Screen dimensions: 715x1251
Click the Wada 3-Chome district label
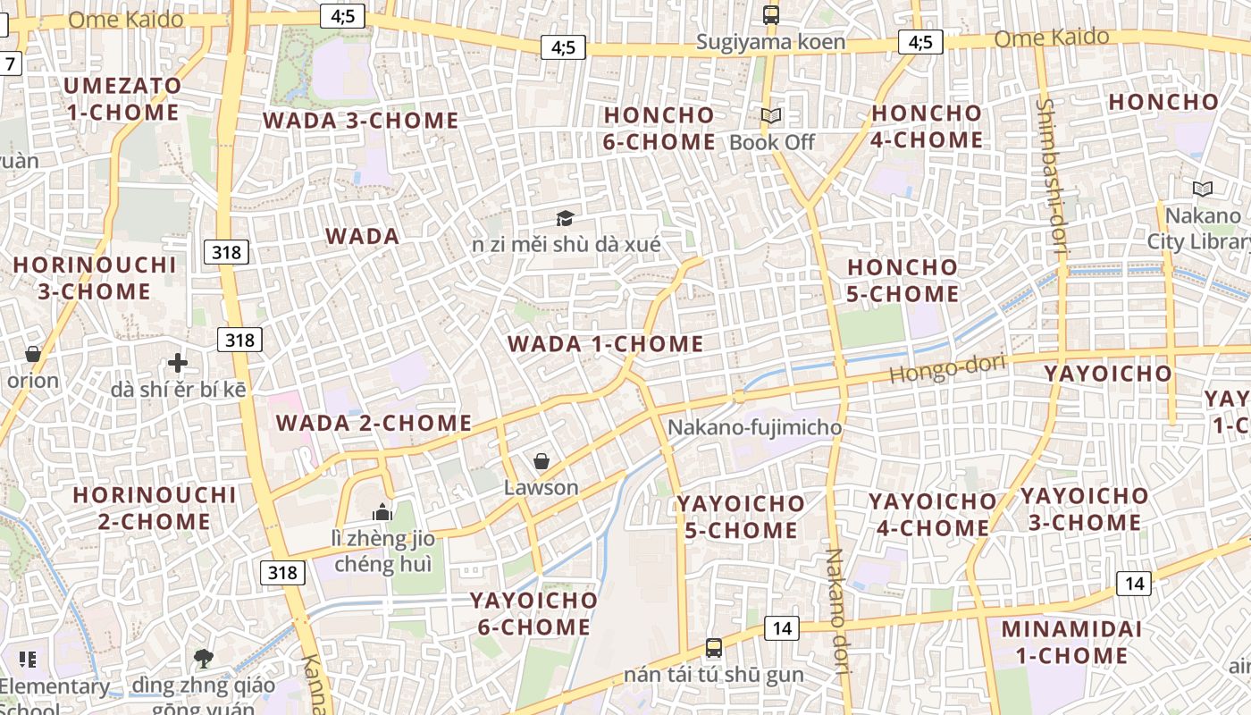[x=360, y=121]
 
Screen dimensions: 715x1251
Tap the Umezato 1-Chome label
[x=122, y=99]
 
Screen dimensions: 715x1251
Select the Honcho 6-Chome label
[x=659, y=129]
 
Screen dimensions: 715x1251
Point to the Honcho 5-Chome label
[x=903, y=281]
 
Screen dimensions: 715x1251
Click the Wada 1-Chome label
[x=606, y=344]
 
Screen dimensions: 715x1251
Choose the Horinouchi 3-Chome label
[x=95, y=278]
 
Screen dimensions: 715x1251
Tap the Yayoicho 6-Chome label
[x=534, y=613]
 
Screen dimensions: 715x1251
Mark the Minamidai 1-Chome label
[x=1071, y=642]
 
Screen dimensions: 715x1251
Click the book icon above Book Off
[x=771, y=115]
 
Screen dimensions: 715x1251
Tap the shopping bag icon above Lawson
[x=541, y=461]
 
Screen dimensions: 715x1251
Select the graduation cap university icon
[x=565, y=218]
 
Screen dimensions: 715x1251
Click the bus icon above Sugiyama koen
[x=771, y=14]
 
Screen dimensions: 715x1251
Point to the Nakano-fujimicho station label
[x=755, y=427]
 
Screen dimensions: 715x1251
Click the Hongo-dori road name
[x=947, y=369]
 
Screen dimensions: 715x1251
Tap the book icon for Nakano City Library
[x=1203, y=189]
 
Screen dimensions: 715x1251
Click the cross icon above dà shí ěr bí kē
[x=178, y=363]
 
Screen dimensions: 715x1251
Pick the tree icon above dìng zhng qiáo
[x=204, y=659]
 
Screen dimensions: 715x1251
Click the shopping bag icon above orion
[x=33, y=354]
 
